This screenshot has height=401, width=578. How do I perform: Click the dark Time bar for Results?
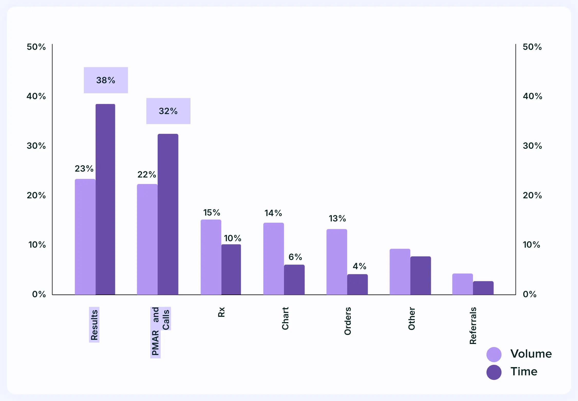tap(105, 199)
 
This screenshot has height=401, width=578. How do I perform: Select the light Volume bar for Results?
tap(85, 237)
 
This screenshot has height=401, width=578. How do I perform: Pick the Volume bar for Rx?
tap(211, 257)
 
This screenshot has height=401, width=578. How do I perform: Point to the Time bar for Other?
tap(420, 275)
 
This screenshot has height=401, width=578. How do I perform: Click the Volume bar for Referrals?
tap(462, 284)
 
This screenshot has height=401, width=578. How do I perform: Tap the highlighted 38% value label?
tap(106, 80)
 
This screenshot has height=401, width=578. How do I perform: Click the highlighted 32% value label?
tap(168, 111)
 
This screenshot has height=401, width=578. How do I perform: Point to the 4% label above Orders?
tap(359, 266)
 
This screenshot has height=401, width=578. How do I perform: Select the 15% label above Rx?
tap(212, 212)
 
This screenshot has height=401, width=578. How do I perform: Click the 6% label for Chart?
tap(295, 257)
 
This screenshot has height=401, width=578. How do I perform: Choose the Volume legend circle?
tap(494, 354)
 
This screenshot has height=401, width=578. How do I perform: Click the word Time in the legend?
tap(524, 371)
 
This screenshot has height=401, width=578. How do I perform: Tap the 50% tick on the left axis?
tap(36, 47)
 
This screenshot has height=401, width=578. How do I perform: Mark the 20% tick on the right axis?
tap(532, 195)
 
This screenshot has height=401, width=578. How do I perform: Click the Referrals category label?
tap(473, 325)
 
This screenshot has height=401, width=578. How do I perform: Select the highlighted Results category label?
tap(94, 325)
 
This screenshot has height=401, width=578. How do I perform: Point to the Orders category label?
tap(347, 321)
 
